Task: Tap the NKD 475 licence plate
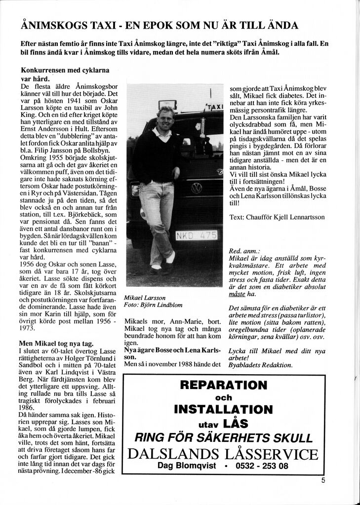tap(196, 235)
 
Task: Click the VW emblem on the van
tap(197, 188)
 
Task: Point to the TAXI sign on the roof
tap(215, 107)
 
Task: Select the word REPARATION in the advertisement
tap(224, 385)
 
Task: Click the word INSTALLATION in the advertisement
tap(223, 409)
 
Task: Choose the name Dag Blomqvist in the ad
tap(186, 466)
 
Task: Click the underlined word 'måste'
tap(237, 294)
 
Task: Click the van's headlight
tap(135, 190)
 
